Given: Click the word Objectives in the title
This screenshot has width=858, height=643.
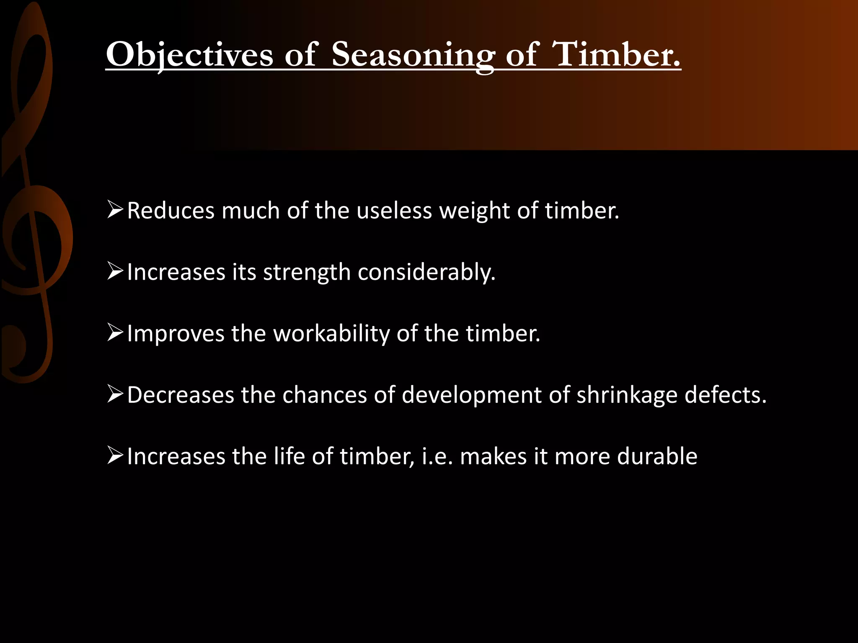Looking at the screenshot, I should tap(189, 54).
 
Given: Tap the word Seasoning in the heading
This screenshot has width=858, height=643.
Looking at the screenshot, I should tap(413, 54).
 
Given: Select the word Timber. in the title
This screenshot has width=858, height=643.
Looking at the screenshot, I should tap(616, 54).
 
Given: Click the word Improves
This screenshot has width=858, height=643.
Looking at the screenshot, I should tap(176, 334).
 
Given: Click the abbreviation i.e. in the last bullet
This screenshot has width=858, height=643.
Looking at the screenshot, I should tap(437, 456).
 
